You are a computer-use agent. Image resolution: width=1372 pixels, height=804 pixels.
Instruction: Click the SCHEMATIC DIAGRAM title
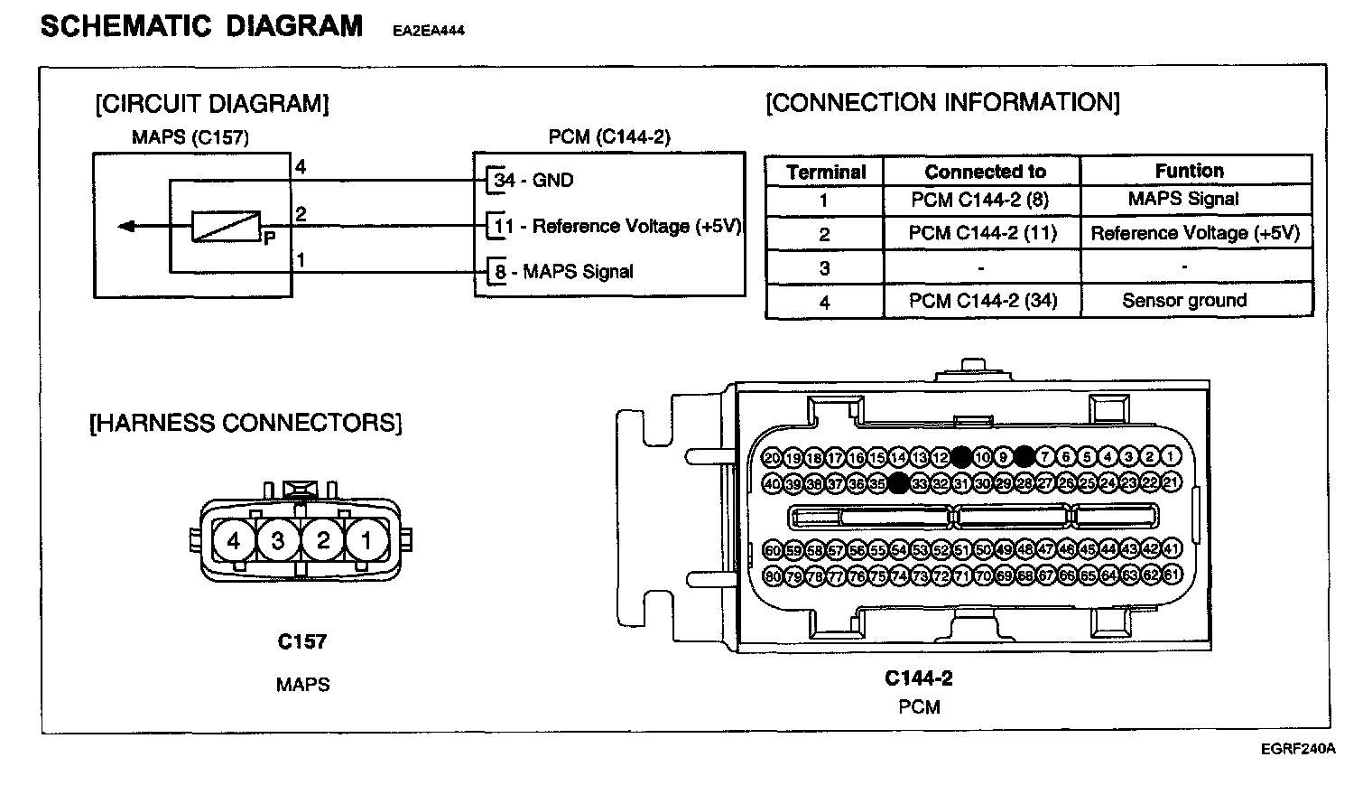(x=201, y=26)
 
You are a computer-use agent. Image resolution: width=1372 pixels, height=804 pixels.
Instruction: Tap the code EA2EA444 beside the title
(x=429, y=31)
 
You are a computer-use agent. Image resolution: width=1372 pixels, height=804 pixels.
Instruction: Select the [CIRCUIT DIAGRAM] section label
(x=212, y=104)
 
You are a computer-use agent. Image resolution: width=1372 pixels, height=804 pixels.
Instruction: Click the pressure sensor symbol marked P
(x=226, y=227)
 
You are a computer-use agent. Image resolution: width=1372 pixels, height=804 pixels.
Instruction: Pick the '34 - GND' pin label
(x=533, y=180)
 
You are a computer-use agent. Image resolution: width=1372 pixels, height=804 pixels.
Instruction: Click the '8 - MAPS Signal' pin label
(x=563, y=271)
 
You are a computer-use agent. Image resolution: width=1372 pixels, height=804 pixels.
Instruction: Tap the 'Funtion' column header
(x=1190, y=171)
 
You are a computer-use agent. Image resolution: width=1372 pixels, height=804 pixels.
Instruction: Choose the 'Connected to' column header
(x=985, y=172)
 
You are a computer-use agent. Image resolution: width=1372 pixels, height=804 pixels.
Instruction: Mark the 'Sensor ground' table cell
(x=1184, y=301)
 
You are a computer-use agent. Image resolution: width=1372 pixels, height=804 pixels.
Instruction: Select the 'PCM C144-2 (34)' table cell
(x=982, y=301)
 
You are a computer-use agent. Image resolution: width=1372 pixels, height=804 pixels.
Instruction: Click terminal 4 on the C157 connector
(x=234, y=541)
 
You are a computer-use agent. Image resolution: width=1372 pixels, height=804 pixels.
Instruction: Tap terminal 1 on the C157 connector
(x=366, y=541)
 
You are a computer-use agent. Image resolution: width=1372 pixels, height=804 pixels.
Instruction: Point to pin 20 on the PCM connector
(x=772, y=457)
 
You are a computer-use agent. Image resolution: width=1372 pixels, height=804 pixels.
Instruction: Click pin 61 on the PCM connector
(x=1172, y=575)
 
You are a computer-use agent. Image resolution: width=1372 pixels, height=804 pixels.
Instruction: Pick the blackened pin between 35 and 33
(x=898, y=483)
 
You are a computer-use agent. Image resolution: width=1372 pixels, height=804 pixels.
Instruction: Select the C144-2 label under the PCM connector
(x=919, y=678)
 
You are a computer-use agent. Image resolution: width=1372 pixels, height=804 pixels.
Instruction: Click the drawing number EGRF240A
(x=1298, y=749)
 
